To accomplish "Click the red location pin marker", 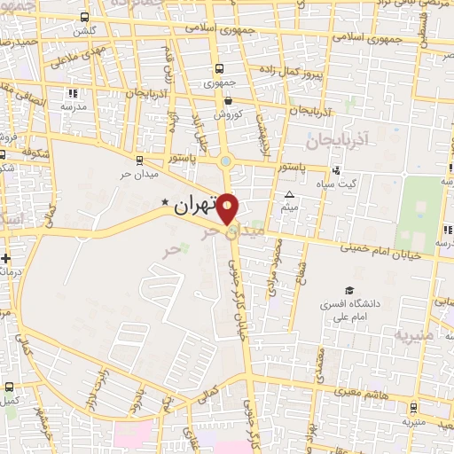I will pyautogui.click(x=228, y=208).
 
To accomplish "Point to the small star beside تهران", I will pyautogui.click(x=164, y=204).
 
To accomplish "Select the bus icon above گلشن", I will pyautogui.click(x=84, y=17).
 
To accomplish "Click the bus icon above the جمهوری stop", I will pyautogui.click(x=219, y=69).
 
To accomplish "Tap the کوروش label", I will pyautogui.click(x=227, y=114).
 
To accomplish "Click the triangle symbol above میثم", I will pyautogui.click(x=290, y=194).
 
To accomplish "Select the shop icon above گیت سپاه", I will pyautogui.click(x=335, y=170).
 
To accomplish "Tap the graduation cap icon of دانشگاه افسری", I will pyautogui.click(x=348, y=290).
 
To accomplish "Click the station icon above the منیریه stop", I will pyautogui.click(x=414, y=408).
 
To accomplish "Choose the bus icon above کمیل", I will pyautogui.click(x=10, y=387).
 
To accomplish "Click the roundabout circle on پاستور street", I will pyautogui.click(x=227, y=161).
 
